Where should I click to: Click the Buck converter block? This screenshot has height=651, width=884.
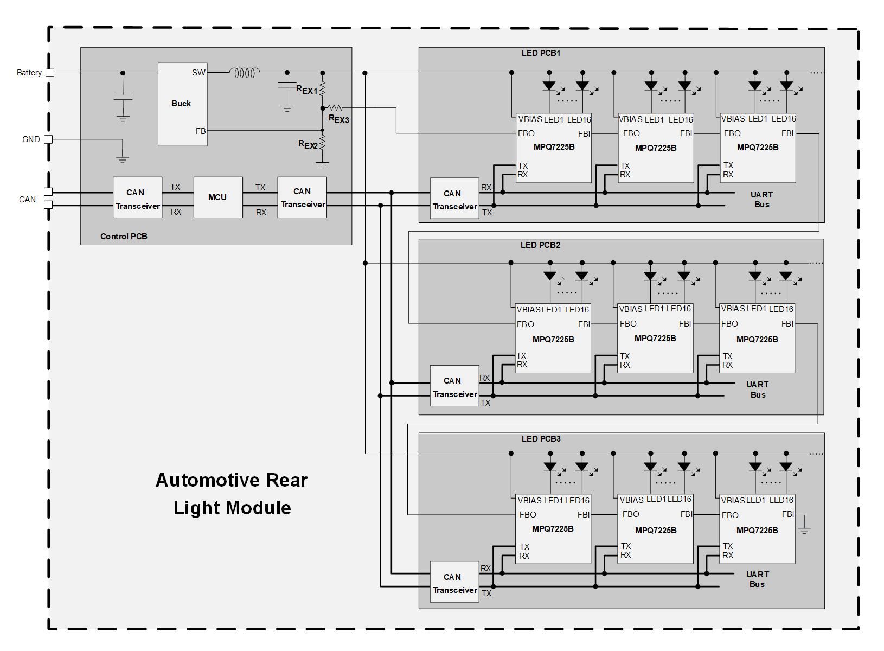coord(182,104)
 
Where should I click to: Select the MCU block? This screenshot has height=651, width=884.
coord(218,197)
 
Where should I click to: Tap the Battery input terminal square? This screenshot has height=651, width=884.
coord(50,73)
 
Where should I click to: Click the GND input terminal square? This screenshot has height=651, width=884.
coord(48,139)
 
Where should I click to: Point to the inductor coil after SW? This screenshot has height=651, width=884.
coord(245,73)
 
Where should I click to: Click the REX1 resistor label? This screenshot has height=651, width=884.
coord(307,90)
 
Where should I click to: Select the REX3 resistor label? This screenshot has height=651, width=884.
coord(339,119)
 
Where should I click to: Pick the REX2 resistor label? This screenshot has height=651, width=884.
coord(308,144)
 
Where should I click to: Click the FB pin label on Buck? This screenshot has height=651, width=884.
coord(201,131)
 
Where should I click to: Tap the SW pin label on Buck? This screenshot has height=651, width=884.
coord(198,73)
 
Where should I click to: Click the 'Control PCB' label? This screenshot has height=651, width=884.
coord(124,237)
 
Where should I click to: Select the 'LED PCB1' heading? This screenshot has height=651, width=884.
coord(541,53)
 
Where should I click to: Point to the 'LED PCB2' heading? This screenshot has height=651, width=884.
coord(540,245)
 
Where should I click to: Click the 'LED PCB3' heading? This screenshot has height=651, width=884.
coord(541,439)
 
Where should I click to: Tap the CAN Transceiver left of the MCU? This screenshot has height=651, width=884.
coord(137,198)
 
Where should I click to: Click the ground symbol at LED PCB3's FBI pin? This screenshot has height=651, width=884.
coord(804,528)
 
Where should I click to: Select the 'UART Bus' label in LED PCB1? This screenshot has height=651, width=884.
coord(761,200)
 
